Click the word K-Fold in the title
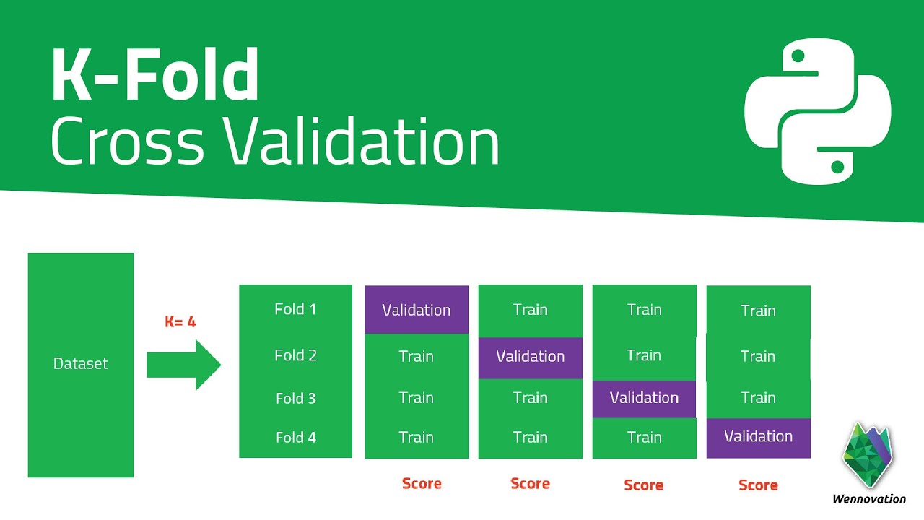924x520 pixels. pos(155,74)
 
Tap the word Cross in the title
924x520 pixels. pos(128,141)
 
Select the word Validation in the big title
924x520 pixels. pos(362,140)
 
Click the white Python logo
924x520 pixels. pos(818,111)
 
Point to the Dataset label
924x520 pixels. pos(80,363)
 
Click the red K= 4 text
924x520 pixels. pos(180,321)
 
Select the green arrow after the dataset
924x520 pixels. pos(184,365)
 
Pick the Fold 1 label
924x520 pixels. pos(295,309)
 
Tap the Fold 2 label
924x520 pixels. pos(295,355)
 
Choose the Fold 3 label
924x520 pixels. pos(296,398)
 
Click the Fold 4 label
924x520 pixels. pos(296,437)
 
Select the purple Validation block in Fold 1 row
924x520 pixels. pos(417,310)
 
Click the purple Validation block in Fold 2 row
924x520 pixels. pos(531,358)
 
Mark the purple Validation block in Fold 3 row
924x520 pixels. pos(644,399)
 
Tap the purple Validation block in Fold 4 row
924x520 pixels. pos(759,438)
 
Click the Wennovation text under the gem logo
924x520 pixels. pos(869,499)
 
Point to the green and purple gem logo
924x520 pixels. pos(867,454)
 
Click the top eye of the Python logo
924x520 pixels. pos(798,56)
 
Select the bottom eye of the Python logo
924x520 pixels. pos(837,167)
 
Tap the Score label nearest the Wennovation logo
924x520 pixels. pos(758,485)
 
